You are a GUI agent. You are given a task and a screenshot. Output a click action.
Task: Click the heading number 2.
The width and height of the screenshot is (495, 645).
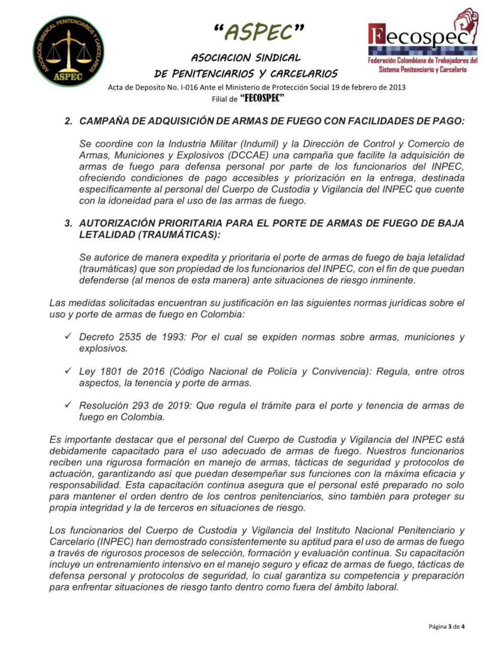[x=68, y=122]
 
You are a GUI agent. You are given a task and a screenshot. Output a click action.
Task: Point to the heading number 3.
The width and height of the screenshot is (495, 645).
[x=68, y=223]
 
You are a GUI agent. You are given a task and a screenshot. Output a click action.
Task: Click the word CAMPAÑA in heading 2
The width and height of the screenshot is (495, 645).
[x=102, y=122]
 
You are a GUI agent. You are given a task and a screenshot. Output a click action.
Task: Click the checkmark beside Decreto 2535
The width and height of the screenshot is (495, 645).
[x=68, y=336]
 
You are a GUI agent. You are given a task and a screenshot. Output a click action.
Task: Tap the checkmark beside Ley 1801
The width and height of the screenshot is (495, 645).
[x=68, y=371]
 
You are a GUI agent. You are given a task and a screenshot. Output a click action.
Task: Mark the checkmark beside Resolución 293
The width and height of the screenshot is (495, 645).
[x=68, y=405]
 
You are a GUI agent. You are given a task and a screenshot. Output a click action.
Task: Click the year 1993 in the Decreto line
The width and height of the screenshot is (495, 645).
[x=172, y=337]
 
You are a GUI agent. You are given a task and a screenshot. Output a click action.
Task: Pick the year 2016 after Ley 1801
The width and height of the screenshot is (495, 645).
[x=153, y=371]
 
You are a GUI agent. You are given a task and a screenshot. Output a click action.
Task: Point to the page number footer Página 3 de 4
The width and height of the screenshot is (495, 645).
[x=446, y=627]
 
